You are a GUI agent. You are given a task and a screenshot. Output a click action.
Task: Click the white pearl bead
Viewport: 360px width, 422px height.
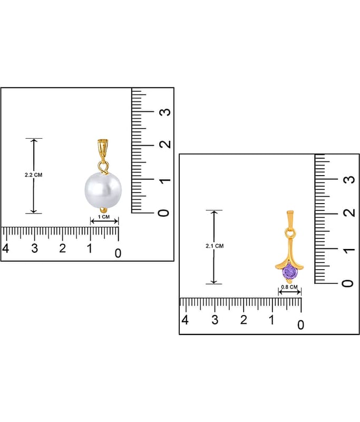(x=103, y=190)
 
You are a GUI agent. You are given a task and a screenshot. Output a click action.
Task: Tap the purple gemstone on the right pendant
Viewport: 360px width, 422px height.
(x=290, y=272)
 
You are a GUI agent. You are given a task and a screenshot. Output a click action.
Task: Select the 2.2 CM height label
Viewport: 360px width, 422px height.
(x=34, y=175)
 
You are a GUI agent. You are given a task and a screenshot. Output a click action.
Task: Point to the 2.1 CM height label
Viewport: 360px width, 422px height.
(x=215, y=246)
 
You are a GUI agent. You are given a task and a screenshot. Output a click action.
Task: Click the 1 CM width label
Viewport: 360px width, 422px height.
(x=104, y=217)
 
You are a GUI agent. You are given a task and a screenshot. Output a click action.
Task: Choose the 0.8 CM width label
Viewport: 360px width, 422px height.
(x=289, y=287)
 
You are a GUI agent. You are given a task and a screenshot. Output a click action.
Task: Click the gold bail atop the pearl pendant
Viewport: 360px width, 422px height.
(x=102, y=149)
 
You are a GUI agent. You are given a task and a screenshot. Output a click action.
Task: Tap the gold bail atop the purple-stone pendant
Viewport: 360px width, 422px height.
(x=290, y=218)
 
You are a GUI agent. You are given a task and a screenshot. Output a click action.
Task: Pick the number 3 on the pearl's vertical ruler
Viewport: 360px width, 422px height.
(x=166, y=112)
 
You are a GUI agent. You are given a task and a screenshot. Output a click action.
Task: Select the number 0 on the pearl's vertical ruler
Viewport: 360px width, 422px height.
(x=164, y=213)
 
